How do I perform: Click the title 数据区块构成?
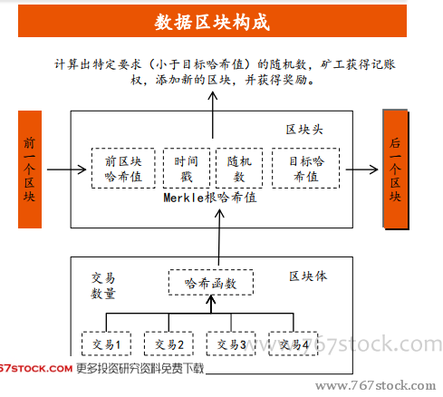(212, 22)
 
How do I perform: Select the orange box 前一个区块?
(30, 169)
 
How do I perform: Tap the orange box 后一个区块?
(395, 169)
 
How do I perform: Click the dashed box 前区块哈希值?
(123, 169)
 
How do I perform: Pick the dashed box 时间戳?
(187, 169)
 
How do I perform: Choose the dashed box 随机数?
(239, 169)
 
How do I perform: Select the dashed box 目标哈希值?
(305, 169)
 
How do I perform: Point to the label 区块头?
(304, 130)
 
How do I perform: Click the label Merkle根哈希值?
(210, 198)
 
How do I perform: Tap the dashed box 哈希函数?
(211, 283)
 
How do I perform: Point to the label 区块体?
(308, 276)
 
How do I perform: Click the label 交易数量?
(103, 286)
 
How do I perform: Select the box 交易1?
(106, 344)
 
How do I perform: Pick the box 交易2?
(169, 344)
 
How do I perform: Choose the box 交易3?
(231, 344)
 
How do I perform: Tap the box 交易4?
(294, 344)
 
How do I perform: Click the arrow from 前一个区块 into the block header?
(66, 169)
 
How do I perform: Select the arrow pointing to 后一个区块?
(361, 169)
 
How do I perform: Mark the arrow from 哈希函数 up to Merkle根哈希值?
(219, 237)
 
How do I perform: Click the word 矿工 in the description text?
(332, 64)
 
